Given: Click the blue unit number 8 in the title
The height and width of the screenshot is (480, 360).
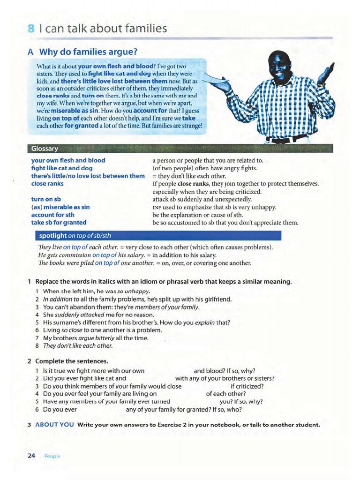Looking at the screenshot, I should (31, 29).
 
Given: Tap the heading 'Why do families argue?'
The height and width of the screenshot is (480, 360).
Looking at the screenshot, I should (91, 52).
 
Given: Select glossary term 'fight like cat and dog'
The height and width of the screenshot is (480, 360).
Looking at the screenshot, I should (62, 168).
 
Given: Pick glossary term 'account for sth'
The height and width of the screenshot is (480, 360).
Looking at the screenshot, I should (52, 215).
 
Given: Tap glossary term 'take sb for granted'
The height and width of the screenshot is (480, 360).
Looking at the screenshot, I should (59, 223).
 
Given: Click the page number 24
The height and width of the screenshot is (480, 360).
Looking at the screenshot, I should (31, 456).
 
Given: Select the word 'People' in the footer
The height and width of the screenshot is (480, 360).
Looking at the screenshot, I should (52, 456).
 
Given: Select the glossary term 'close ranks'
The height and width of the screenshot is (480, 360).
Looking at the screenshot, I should (47, 184).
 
